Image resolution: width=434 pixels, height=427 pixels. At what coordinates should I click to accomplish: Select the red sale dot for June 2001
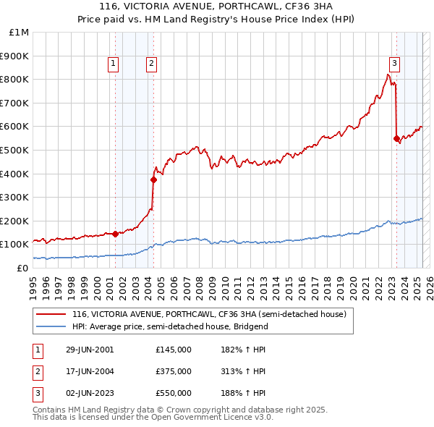(x=116, y=234)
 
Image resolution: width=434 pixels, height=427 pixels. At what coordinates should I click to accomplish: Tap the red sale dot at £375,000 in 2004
(x=153, y=179)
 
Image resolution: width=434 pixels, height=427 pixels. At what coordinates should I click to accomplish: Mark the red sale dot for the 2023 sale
(x=396, y=138)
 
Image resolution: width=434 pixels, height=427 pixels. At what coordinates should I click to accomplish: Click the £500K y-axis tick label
(x=15, y=150)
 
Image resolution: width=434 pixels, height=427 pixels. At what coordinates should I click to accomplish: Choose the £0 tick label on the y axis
(x=22, y=268)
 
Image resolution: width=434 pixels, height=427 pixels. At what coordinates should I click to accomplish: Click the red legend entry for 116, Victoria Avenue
(x=209, y=315)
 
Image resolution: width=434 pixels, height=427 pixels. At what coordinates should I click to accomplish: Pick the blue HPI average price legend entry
(x=170, y=327)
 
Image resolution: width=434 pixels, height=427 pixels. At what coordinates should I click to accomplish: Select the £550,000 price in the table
(x=173, y=393)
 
